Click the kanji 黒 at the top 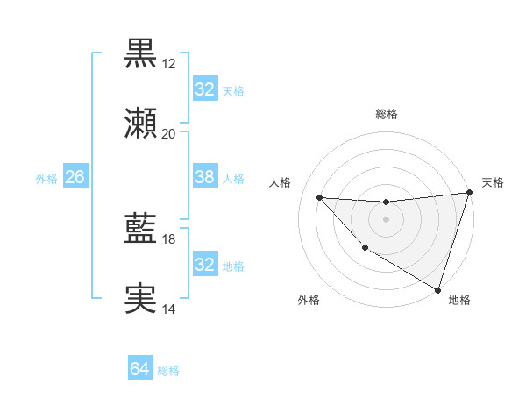click(x=140, y=53)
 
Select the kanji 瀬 click(x=140, y=124)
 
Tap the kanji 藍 click(x=140, y=229)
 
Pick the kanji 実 click(x=140, y=299)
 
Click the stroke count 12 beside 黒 click(x=168, y=64)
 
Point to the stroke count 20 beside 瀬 click(x=168, y=134)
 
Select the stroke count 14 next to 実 click(x=168, y=309)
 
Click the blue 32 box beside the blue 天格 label click(x=205, y=89)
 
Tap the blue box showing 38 click(x=205, y=177)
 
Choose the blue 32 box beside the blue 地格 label click(x=205, y=265)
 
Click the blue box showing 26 click(x=75, y=177)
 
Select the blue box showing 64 click(x=140, y=370)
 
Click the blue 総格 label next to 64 click(x=169, y=371)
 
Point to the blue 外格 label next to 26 click(x=46, y=178)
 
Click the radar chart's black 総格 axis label click(x=386, y=114)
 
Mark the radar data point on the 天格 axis click(x=469, y=193)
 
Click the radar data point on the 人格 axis click(x=319, y=197)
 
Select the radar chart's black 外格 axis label click(x=309, y=300)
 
